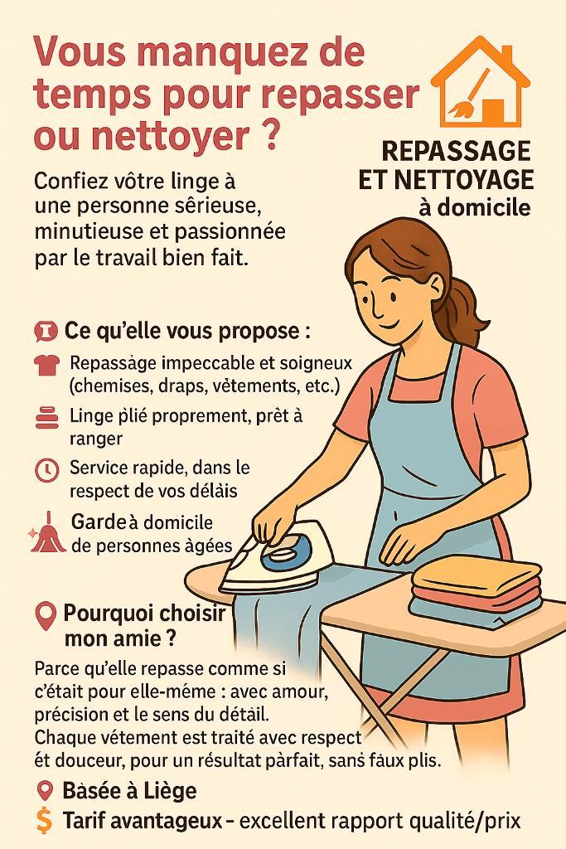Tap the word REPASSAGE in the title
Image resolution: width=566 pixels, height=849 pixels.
click(456, 151)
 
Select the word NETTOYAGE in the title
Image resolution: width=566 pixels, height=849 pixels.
click(464, 180)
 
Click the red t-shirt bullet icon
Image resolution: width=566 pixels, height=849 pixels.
click(46, 366)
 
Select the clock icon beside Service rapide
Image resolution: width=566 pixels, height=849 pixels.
click(46, 470)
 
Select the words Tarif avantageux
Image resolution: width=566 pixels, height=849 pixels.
click(143, 821)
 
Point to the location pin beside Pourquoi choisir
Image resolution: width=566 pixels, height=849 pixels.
click(45, 616)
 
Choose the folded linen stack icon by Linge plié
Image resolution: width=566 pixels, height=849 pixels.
click(46, 418)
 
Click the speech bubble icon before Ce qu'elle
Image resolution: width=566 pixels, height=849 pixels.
click(45, 331)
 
